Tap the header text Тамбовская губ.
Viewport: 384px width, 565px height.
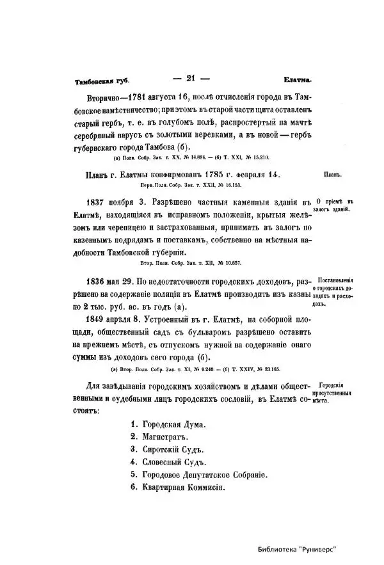point(102,81)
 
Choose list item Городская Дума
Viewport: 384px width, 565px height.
point(168,424)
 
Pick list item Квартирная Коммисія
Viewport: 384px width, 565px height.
point(177,487)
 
